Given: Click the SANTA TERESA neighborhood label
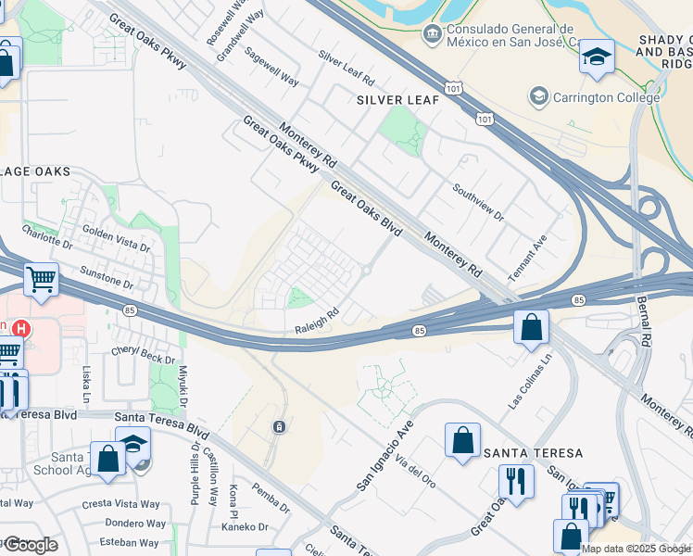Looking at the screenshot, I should point(533,452).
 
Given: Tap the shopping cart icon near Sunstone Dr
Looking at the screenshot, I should point(41,278).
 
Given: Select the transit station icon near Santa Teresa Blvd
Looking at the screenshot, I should point(278,426).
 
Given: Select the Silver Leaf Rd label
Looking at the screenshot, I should point(346,68).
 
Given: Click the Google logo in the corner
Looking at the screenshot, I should point(31,545).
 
